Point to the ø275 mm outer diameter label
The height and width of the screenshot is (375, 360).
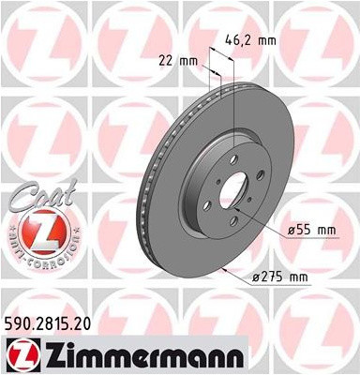(280, 276)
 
